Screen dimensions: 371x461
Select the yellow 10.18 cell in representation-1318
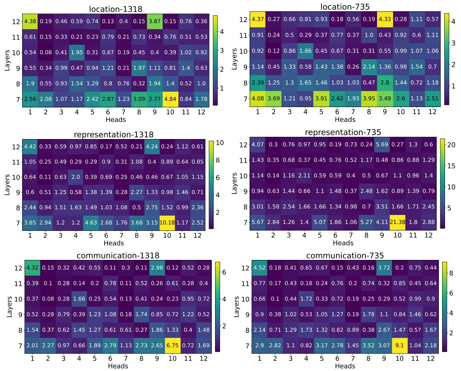tap(167, 222)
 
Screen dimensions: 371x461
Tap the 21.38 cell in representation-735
tap(397, 222)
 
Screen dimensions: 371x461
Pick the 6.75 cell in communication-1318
tap(172, 345)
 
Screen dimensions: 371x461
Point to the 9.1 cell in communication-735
tap(399, 345)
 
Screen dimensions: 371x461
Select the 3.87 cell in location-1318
tap(155, 21)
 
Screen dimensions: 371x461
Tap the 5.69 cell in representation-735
tap(382, 144)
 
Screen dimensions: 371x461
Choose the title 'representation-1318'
tap(114, 134)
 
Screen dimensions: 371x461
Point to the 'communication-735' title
tap(345, 256)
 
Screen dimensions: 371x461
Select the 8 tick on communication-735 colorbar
tap(454, 273)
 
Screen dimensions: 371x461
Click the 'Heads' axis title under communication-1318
tap(118, 366)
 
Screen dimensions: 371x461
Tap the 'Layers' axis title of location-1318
tap(7, 60)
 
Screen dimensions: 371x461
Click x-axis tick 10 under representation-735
tap(397, 235)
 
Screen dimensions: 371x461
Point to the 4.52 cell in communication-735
tap(259, 268)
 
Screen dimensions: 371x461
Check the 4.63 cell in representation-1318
tap(91, 222)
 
